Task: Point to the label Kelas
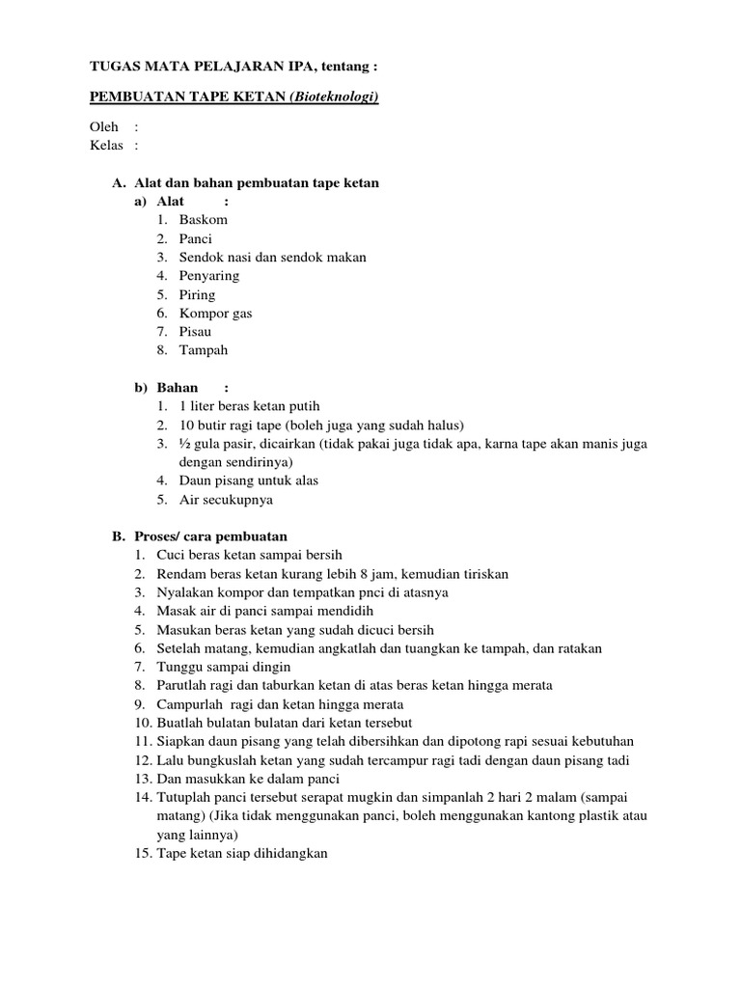[x=106, y=146]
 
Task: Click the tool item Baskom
[x=203, y=220]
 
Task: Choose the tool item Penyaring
[x=208, y=276]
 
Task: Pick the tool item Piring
[x=197, y=294]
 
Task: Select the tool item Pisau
[x=195, y=332]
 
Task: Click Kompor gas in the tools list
[x=215, y=314]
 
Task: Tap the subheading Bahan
[x=178, y=388]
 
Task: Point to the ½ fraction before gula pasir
[x=184, y=444]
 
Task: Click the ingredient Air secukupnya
[x=226, y=500]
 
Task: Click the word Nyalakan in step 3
[x=183, y=592]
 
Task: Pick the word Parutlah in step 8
[x=181, y=685]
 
